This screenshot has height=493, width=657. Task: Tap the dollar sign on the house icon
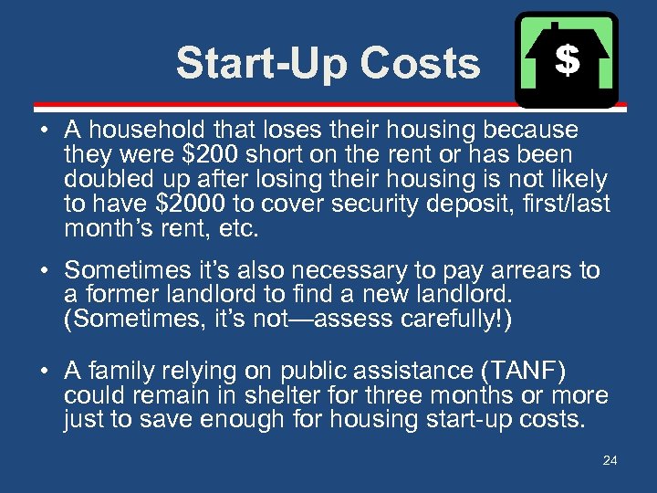tap(567, 60)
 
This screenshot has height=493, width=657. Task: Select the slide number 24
tap(610, 460)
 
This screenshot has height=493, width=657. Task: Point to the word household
tap(141, 131)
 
